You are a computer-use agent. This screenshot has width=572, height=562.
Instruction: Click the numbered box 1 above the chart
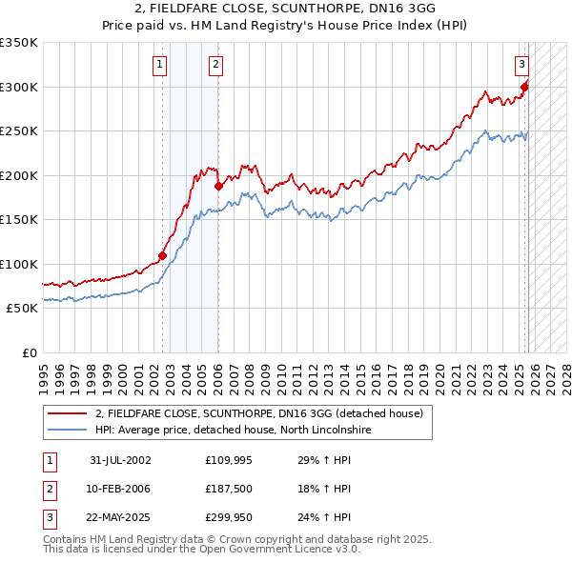coord(158,65)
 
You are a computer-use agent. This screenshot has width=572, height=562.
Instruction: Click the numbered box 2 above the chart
coord(216,65)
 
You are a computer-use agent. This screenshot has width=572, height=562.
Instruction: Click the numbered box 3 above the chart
coord(521,65)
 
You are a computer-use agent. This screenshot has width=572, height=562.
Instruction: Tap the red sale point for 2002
coord(162,255)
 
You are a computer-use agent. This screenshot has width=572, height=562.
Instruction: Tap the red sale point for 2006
coord(218,187)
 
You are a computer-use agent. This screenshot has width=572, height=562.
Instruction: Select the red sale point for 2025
coord(524,87)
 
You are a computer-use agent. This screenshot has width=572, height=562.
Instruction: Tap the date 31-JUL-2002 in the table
coord(120,460)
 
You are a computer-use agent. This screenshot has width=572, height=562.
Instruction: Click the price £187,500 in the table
coord(229,489)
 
